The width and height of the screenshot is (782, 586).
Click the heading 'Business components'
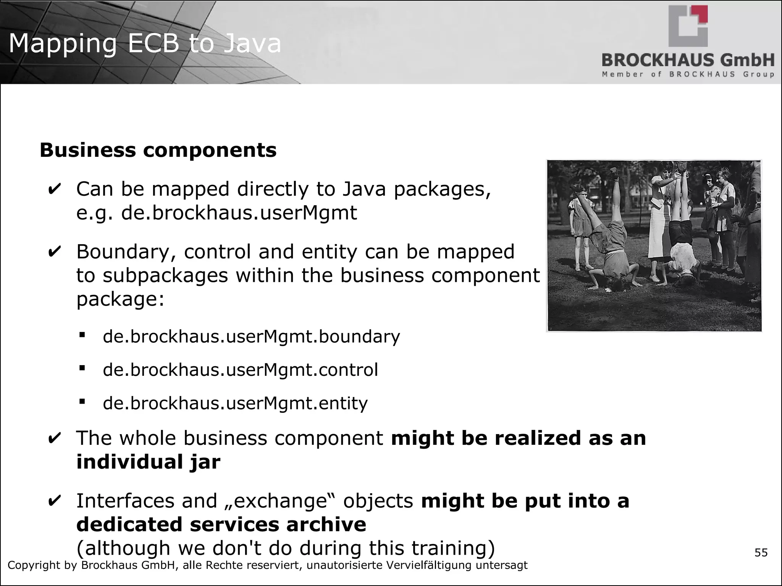click(x=158, y=150)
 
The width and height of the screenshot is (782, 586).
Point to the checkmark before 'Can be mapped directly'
click(x=55, y=189)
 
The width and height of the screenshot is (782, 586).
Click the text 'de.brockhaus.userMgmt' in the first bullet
click(x=239, y=213)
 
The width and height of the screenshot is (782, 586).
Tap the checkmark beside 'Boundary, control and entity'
click(x=55, y=252)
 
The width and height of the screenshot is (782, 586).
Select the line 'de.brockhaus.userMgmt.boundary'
click(x=251, y=336)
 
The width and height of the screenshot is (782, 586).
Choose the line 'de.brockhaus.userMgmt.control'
click(x=241, y=370)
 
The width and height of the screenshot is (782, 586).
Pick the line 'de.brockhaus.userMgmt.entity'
click(x=235, y=403)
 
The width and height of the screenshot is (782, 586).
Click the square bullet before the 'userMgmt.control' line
click(x=82, y=368)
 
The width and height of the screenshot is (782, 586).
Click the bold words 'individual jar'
click(x=148, y=462)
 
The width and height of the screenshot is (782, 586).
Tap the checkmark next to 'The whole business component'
click(x=55, y=438)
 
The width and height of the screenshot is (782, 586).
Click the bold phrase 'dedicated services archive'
click(x=221, y=525)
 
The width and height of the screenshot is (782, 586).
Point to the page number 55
click(x=761, y=552)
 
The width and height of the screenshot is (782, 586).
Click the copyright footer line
click(x=267, y=565)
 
